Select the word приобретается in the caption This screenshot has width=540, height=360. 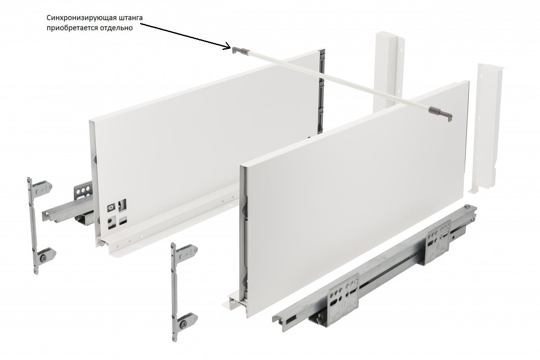pos(71,28)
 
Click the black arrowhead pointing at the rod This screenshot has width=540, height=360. pos(227,46)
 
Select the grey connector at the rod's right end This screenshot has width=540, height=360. pos(441,113)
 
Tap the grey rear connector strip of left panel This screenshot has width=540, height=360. pos(322,92)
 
